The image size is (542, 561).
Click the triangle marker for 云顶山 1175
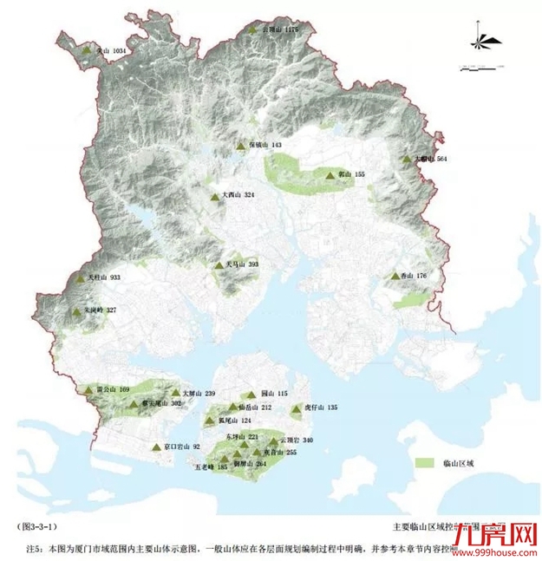[253, 30]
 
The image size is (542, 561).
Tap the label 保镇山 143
[265, 145]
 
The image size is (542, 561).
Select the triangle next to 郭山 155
[330, 175]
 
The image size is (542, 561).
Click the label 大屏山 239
[199, 393]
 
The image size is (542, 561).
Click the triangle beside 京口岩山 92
[156, 447]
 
